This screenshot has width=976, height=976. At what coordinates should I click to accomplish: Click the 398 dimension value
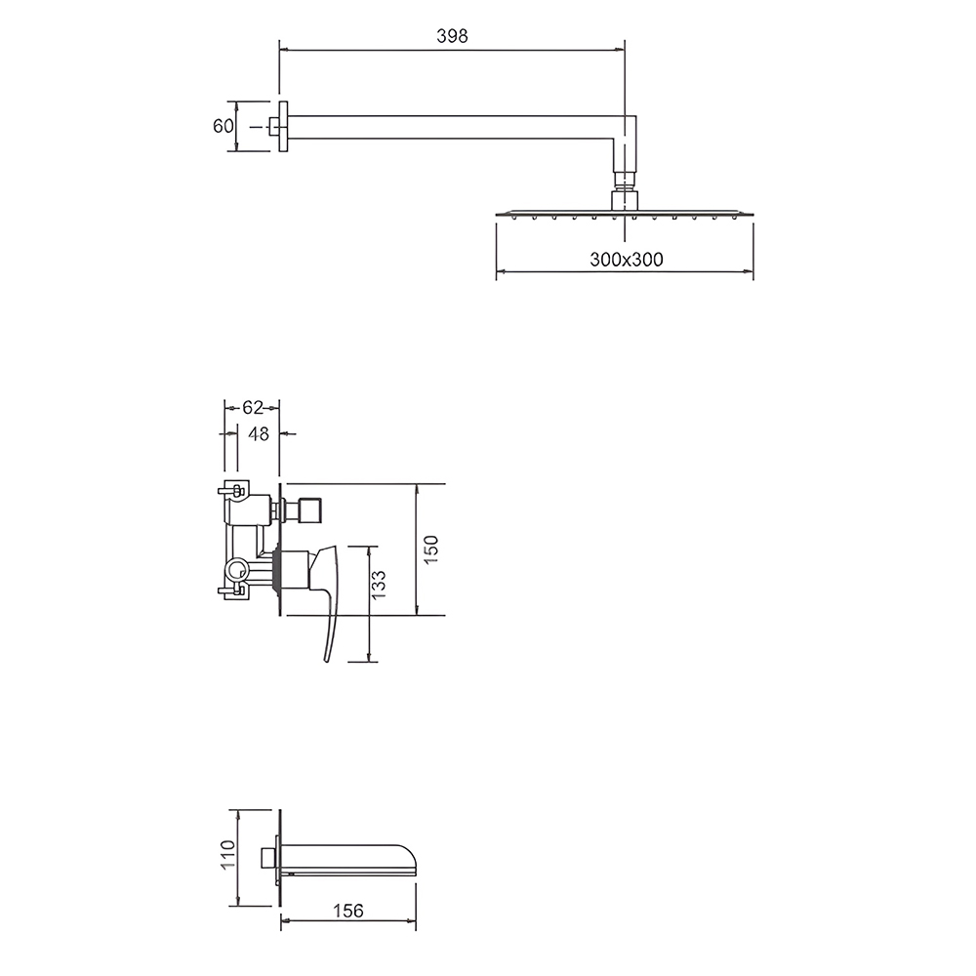point(452,37)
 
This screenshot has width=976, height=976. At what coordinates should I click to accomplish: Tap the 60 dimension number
point(223,126)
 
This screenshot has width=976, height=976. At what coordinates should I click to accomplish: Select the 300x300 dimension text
point(627,260)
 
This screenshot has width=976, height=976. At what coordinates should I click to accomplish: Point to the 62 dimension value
point(252,408)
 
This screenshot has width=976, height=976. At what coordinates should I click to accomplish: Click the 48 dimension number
point(259,434)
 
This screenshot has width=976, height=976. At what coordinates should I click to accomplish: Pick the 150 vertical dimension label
point(430,549)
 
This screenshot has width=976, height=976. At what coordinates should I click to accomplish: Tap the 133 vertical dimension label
point(378,585)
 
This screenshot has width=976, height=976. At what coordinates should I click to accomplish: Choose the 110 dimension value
point(227,855)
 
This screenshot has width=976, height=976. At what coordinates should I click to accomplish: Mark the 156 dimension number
point(347,912)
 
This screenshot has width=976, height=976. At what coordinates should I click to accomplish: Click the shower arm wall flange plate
point(283,126)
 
